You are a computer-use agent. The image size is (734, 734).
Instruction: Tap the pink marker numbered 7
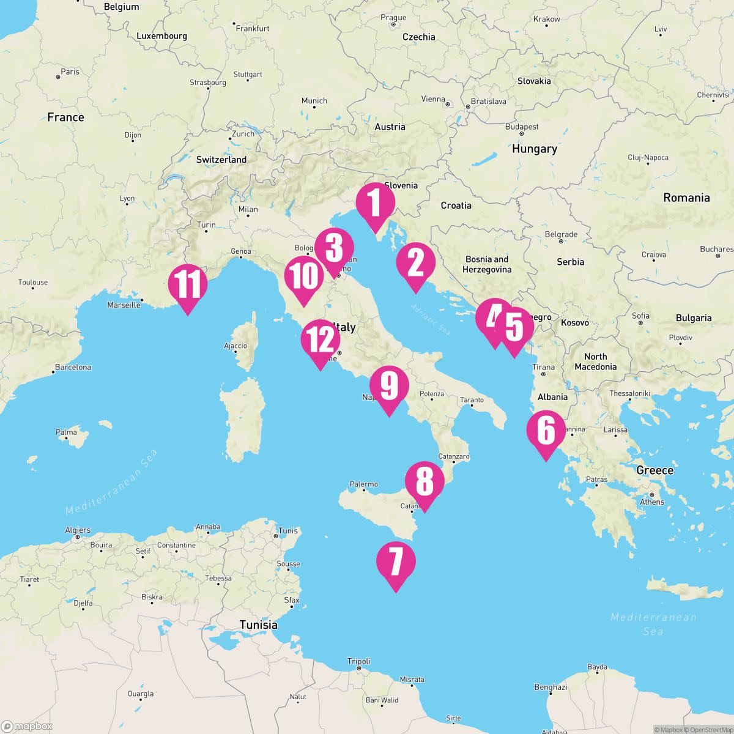click(x=396, y=562)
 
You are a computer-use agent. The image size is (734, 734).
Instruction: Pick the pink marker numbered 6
click(x=546, y=431)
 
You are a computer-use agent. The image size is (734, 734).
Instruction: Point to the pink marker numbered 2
click(x=415, y=263)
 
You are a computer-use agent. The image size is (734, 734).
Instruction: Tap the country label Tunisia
click(x=258, y=625)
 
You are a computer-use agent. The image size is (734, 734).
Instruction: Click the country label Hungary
click(x=534, y=149)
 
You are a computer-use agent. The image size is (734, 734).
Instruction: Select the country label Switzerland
click(x=221, y=160)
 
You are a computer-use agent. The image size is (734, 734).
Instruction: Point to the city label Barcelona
click(x=73, y=368)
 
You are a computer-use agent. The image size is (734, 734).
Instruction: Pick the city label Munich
click(x=314, y=101)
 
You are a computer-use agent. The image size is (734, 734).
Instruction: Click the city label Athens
click(x=651, y=502)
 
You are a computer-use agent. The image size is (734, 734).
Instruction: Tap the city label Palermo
click(x=363, y=484)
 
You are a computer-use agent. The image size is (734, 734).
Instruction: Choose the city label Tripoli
click(x=359, y=661)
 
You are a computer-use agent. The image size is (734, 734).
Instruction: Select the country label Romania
click(x=686, y=198)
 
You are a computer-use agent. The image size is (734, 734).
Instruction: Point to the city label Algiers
click(x=78, y=530)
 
